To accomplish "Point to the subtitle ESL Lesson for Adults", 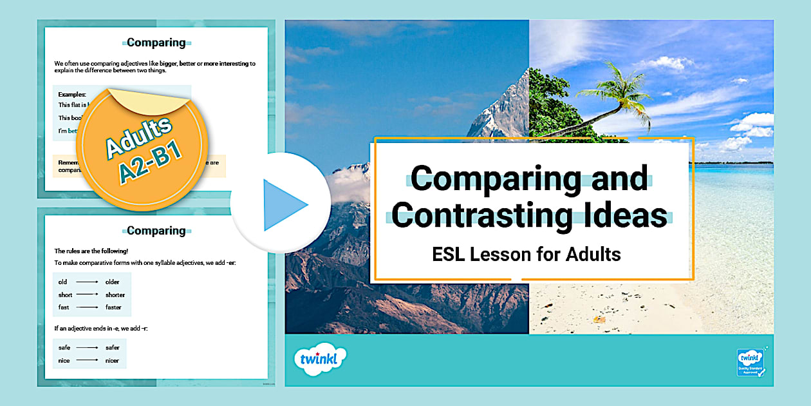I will click(x=527, y=254).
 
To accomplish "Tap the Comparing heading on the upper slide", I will click(x=156, y=43).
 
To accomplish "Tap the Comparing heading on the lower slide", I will click(x=156, y=231).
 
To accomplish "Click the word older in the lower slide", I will click(x=113, y=282).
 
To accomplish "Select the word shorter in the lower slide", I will click(x=115, y=295).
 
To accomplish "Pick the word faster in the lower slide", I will click(x=114, y=307).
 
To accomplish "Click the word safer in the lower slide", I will click(x=113, y=347).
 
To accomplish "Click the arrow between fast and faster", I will click(x=87, y=307).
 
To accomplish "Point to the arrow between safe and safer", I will click(x=87, y=347).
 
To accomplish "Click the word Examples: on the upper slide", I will click(x=72, y=94).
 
